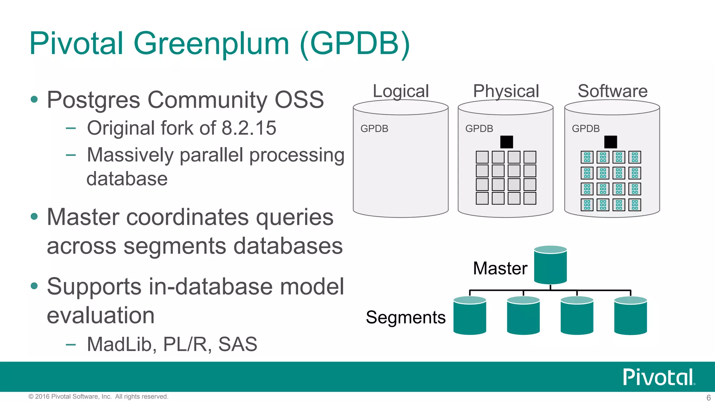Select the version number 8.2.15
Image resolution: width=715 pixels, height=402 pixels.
click(x=249, y=128)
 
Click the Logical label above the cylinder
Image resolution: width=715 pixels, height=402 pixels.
click(x=400, y=91)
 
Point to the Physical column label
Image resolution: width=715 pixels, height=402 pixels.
click(x=506, y=91)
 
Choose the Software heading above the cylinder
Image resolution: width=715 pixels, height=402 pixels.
click(x=612, y=91)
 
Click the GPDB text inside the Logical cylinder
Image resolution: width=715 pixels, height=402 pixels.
click(x=374, y=129)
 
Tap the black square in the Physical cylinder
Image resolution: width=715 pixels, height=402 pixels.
click(x=506, y=142)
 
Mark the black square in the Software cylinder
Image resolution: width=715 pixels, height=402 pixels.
click(x=611, y=142)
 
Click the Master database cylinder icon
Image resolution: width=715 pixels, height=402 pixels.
click(x=550, y=265)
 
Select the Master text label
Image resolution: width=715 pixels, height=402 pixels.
click(x=500, y=268)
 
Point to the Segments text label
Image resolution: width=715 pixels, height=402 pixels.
click(x=406, y=318)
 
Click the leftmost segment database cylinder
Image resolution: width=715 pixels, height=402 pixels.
click(x=470, y=316)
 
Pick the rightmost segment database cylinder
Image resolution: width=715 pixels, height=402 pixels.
click(x=630, y=316)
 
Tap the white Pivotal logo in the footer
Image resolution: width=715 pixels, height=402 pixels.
click(x=658, y=377)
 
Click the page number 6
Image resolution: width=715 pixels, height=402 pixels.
click(x=708, y=397)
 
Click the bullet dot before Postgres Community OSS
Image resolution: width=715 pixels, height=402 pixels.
click(x=34, y=99)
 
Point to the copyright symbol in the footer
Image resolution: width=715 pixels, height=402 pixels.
click(x=31, y=396)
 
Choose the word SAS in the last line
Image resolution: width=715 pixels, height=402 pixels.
click(x=237, y=344)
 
